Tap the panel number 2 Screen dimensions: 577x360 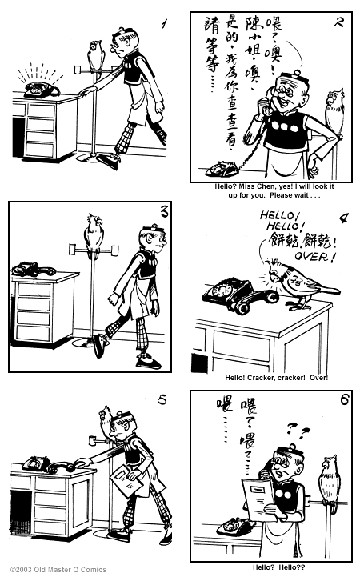click(x=338, y=22)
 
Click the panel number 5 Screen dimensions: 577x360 click(x=162, y=401)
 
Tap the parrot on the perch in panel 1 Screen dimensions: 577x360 click(x=96, y=54)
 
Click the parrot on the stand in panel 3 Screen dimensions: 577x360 click(x=94, y=233)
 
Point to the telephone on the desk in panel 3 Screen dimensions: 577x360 click(x=34, y=269)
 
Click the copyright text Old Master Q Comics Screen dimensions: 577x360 click(x=49, y=570)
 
